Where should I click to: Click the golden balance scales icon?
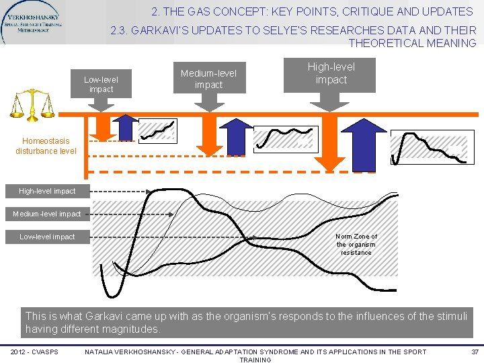pyautogui.click(x=32, y=106)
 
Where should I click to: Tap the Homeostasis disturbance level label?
pyautogui.click(x=46, y=146)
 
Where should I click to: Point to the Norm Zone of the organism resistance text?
pyautogui.click(x=356, y=245)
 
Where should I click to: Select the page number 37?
pyautogui.click(x=475, y=352)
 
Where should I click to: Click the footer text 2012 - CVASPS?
pyautogui.click(x=34, y=352)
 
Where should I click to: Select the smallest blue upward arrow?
pyautogui.click(x=124, y=127)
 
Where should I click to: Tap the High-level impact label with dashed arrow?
pyautogui.click(x=47, y=192)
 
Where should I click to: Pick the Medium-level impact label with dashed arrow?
pyautogui.click(x=47, y=214)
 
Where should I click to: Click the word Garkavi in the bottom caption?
pyautogui.click(x=99, y=315)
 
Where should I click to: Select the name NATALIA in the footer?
pyautogui.click(x=102, y=352)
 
